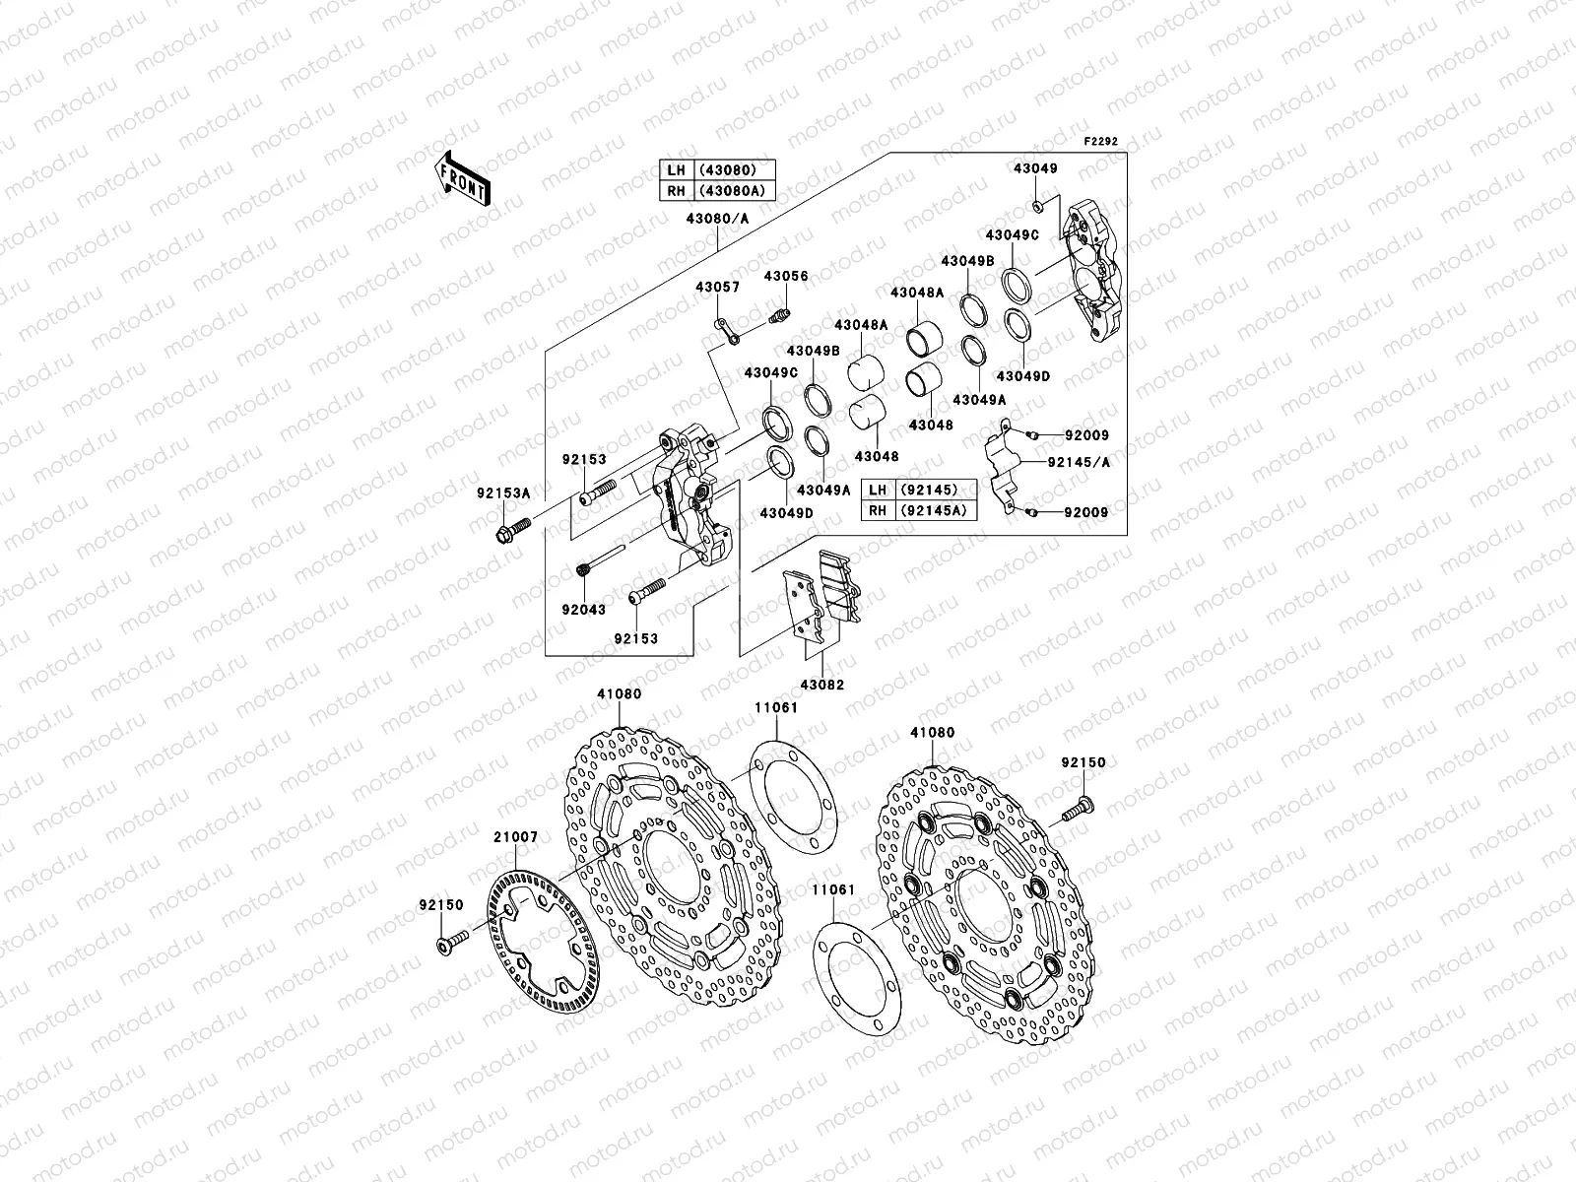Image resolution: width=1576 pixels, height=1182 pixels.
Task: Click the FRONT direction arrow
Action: [x=465, y=178]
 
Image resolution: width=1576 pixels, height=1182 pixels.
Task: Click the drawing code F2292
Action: [x=1101, y=142]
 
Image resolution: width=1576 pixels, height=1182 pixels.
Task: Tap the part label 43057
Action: [x=717, y=287]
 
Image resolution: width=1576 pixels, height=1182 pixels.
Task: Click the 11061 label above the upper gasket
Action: [x=776, y=707]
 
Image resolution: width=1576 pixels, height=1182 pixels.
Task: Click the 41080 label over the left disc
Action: [x=618, y=693]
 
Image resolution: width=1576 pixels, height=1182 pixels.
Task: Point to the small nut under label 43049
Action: [x=1039, y=206]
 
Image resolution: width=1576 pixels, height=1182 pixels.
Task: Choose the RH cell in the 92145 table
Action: [x=875, y=509]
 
